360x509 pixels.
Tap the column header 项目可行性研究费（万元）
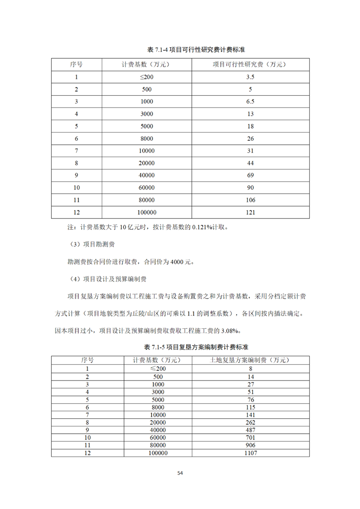250,64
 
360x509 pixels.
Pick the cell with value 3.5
250,77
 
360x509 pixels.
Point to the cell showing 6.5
250,102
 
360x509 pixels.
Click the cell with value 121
250,212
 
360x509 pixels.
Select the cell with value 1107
250,453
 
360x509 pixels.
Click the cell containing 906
250,445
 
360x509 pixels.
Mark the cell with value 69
250,175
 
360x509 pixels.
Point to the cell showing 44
250,163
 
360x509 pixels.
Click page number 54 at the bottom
180,473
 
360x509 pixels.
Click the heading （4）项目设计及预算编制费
108,279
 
